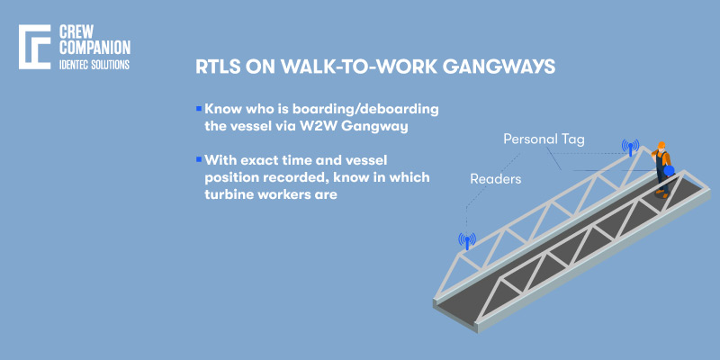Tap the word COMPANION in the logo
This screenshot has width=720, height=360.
click(x=94, y=48)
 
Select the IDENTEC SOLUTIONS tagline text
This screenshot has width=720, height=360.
click(x=94, y=65)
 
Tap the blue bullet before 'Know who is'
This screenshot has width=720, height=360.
click(x=198, y=108)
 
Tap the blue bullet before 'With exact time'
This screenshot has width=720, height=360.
click(x=198, y=158)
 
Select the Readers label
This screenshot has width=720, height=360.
click(x=496, y=179)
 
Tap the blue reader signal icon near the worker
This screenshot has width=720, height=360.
click(x=630, y=147)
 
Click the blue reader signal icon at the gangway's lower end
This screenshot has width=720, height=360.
click(x=466, y=239)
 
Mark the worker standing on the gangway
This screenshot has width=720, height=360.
click(x=662, y=169)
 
